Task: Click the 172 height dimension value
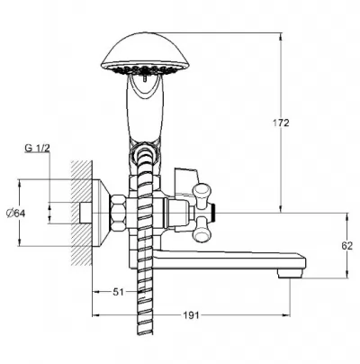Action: click(281, 123)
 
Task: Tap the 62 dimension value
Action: click(347, 246)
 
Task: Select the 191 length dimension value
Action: click(191, 315)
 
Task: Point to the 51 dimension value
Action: click(118, 292)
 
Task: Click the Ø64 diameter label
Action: click(16, 214)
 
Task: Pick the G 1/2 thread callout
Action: click(37, 148)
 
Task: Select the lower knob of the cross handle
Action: click(202, 231)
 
